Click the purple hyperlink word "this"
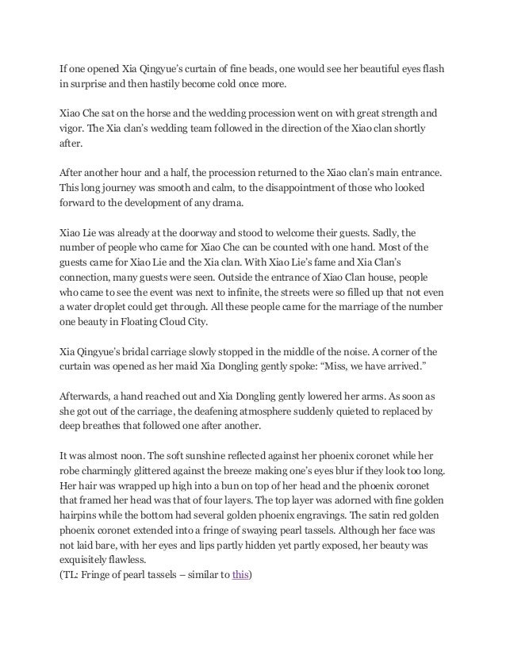[x=240, y=575]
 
